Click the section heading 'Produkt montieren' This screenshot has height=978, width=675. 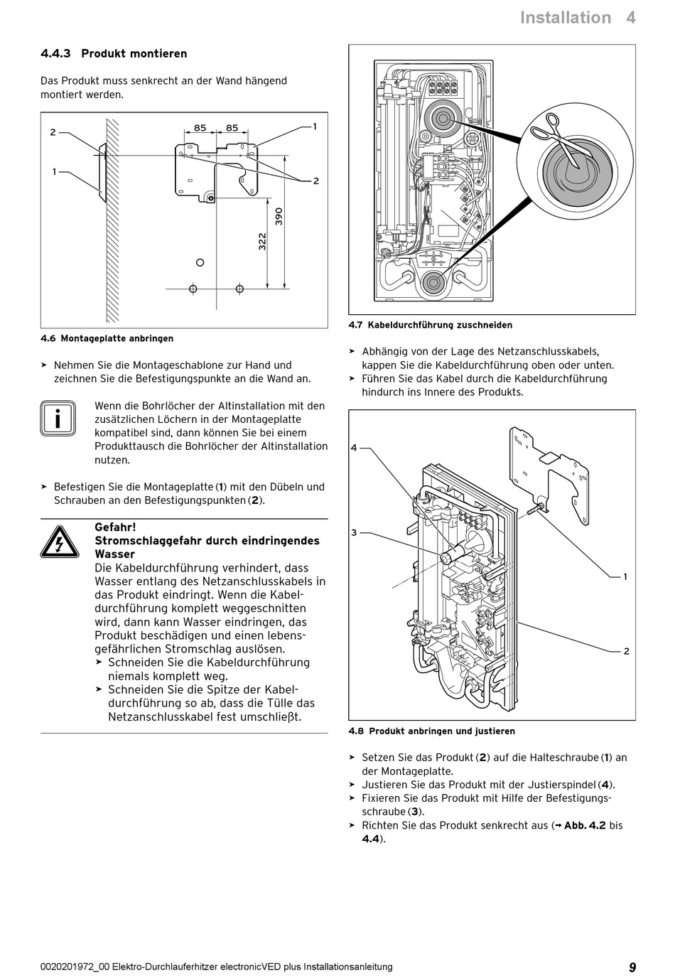click(x=134, y=54)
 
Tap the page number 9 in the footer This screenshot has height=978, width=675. click(x=632, y=967)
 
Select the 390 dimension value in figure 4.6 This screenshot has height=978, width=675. click(x=279, y=216)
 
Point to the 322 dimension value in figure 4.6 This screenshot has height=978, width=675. click(x=262, y=242)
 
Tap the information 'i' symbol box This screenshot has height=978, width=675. click(x=57, y=419)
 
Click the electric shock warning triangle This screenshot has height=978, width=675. click(x=57, y=542)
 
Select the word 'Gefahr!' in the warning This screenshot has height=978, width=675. click(x=115, y=527)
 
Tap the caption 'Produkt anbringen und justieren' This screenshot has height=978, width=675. click(x=442, y=731)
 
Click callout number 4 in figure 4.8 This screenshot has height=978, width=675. click(x=354, y=448)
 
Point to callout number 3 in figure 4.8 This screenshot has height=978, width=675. click(x=354, y=532)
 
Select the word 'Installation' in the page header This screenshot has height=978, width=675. click(x=565, y=18)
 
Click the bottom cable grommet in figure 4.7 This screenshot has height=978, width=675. click(x=432, y=283)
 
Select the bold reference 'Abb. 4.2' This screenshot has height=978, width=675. click(x=585, y=825)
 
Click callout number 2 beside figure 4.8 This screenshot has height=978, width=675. click(x=626, y=651)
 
